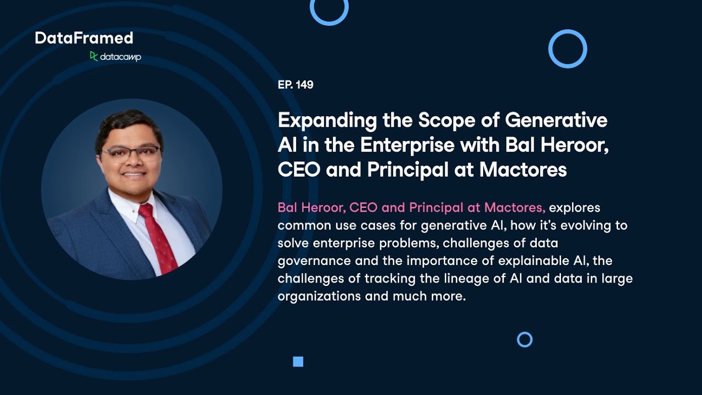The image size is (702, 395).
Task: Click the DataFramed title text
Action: tap(84, 38)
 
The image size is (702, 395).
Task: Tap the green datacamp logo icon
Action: tap(94, 56)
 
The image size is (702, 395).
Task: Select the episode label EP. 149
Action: tap(296, 84)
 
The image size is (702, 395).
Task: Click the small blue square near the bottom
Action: tap(298, 362)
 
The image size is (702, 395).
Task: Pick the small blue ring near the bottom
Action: tap(525, 340)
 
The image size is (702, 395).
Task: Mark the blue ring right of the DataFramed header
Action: tap(568, 49)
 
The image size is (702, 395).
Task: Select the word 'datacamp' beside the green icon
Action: tap(121, 57)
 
